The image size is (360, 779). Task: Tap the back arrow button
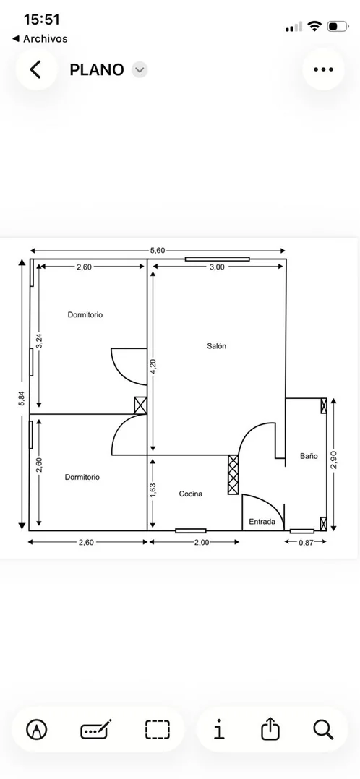click(x=35, y=69)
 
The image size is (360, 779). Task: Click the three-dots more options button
click(x=323, y=69)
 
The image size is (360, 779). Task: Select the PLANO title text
click(x=96, y=70)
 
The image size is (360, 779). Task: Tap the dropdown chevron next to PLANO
click(x=140, y=70)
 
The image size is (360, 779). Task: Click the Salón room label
click(x=217, y=346)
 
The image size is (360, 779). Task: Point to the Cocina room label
click(x=191, y=494)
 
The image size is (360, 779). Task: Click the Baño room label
click(x=309, y=455)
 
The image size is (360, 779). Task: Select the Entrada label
click(x=262, y=522)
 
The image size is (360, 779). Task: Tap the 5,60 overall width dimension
click(x=158, y=250)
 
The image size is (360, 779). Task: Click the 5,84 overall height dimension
click(x=22, y=399)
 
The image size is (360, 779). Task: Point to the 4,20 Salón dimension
click(x=153, y=366)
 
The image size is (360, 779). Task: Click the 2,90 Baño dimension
click(x=334, y=460)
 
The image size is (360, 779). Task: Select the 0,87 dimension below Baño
click(x=306, y=543)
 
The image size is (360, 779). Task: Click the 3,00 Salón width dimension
click(x=217, y=267)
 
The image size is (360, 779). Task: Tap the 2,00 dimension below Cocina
click(x=202, y=543)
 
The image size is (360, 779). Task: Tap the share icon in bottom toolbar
click(x=270, y=729)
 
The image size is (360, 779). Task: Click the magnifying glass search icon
click(x=323, y=729)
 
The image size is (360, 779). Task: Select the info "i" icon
click(x=219, y=729)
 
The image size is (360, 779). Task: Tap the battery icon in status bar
click(x=338, y=26)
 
